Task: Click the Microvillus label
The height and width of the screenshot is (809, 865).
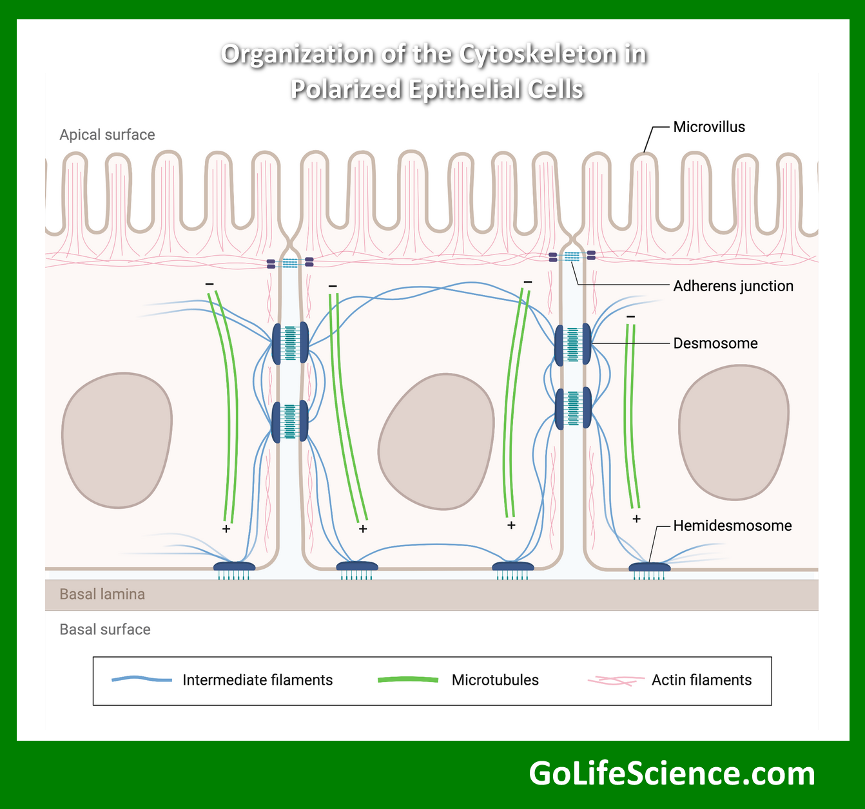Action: click(x=708, y=127)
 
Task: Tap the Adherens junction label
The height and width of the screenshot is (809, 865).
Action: click(x=733, y=286)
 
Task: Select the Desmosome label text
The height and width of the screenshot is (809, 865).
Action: click(x=715, y=343)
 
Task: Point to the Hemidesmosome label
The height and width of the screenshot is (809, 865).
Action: click(x=732, y=526)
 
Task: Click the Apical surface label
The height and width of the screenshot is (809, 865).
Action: click(x=107, y=135)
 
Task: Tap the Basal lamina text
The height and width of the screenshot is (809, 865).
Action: click(x=102, y=594)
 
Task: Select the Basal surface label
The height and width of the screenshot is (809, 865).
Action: click(x=104, y=629)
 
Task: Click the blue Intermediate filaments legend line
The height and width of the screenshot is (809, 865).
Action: click(x=142, y=680)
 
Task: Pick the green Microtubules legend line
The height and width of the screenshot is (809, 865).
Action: click(x=407, y=680)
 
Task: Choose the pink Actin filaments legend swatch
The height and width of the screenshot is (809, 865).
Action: click(x=615, y=680)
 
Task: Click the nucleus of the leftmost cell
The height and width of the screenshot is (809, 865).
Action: click(x=117, y=440)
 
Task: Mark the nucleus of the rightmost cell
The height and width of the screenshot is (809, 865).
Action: click(x=734, y=432)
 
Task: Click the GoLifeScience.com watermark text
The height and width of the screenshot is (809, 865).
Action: click(x=672, y=774)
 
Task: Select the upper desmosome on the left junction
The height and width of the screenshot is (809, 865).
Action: click(x=290, y=343)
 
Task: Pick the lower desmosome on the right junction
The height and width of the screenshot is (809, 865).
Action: click(x=573, y=408)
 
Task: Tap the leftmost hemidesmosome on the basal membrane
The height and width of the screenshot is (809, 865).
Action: click(x=234, y=567)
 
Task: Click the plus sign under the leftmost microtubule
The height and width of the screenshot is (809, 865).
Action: click(x=226, y=529)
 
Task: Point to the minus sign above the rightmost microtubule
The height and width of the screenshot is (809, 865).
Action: click(x=630, y=317)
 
